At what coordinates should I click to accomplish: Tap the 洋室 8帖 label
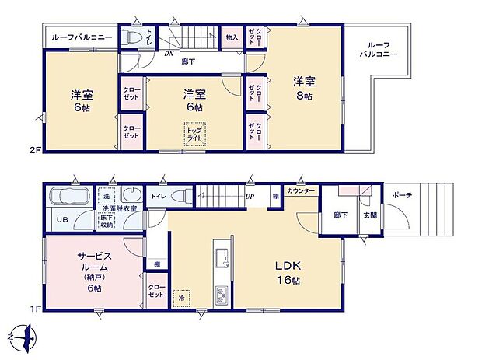point(304,86)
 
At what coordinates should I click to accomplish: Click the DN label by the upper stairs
point(169,54)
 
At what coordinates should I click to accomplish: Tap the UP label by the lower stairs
point(250,197)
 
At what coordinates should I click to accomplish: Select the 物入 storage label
point(232,37)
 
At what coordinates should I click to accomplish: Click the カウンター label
point(299,190)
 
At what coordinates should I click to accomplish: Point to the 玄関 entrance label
point(371,215)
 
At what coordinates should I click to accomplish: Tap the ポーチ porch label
point(402,195)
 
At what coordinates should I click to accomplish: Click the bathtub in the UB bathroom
point(69,195)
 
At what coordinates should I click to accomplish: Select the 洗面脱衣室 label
point(117,208)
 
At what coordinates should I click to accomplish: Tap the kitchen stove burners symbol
point(220,296)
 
